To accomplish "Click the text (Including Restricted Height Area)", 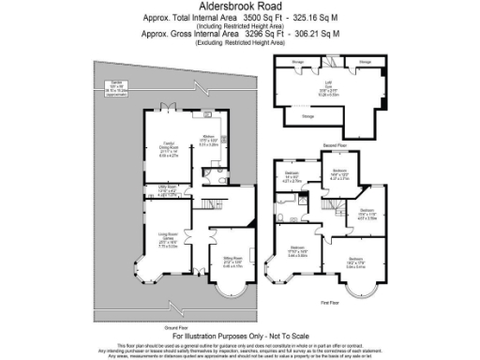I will click(240, 25).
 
